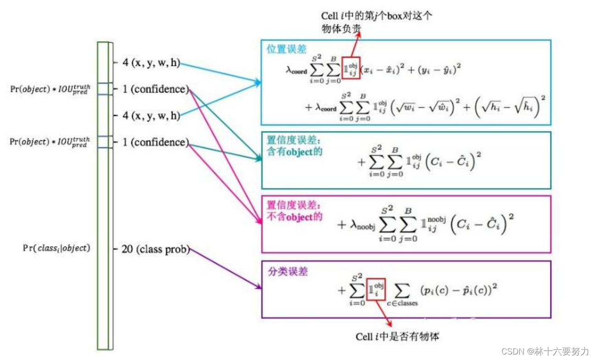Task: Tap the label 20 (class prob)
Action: click(x=156, y=250)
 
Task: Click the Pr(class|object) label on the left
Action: click(x=56, y=248)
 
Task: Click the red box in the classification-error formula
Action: click(x=376, y=290)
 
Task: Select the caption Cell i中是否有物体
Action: click(x=397, y=337)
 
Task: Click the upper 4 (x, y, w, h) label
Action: click(x=151, y=63)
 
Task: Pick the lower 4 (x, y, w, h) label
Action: click(x=151, y=116)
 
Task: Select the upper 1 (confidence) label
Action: click(x=156, y=89)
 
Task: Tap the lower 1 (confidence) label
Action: click(x=156, y=143)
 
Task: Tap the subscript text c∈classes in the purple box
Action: click(x=402, y=303)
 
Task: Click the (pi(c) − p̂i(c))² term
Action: click(x=459, y=290)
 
